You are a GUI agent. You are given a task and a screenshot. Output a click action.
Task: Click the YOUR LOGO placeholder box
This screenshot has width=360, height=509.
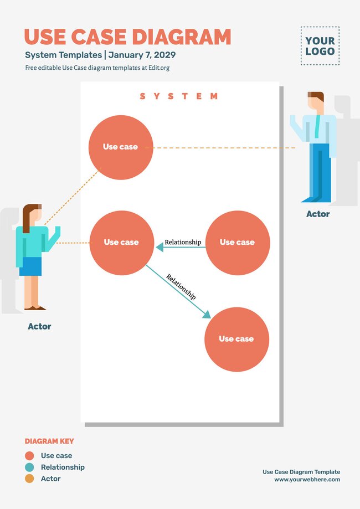tap(320, 46)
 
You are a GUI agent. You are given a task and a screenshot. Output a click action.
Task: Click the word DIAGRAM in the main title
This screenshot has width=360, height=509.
tap(181, 37)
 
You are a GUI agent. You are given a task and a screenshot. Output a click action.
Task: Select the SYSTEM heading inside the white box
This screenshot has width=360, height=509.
tap(179, 96)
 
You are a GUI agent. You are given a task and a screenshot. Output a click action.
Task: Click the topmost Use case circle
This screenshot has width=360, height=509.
tap(121, 147)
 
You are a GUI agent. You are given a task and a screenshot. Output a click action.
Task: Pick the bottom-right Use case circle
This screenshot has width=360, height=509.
tap(236, 339)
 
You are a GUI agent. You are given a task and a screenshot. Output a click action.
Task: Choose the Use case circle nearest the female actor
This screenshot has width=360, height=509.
tap(121, 243)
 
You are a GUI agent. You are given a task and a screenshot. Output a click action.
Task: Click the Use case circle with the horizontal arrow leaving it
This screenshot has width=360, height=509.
tap(237, 243)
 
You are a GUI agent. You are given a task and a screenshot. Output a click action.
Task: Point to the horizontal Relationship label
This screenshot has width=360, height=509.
tap(183, 242)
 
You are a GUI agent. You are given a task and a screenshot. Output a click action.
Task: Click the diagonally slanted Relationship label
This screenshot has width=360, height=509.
tap(181, 287)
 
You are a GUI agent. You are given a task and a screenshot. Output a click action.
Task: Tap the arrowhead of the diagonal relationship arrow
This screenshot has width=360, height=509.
tap(207, 315)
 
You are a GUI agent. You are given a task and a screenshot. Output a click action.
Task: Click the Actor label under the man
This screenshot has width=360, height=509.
tap(318, 214)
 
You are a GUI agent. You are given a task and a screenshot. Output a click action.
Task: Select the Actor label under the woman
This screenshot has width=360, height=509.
tap(39, 327)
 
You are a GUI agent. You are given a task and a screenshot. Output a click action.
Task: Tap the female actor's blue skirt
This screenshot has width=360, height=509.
tap(30, 266)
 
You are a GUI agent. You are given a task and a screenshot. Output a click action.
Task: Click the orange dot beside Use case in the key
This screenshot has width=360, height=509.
tap(29, 456)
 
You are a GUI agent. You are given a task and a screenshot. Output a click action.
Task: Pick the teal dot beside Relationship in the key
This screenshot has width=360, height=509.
tap(29, 467)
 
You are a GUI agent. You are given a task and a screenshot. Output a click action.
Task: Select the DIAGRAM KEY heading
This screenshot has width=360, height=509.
tap(49, 441)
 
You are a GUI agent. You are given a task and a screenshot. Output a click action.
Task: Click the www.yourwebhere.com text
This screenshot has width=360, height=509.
tap(307, 480)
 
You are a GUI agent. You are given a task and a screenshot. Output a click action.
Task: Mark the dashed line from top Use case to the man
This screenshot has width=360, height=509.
tap(222, 148)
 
